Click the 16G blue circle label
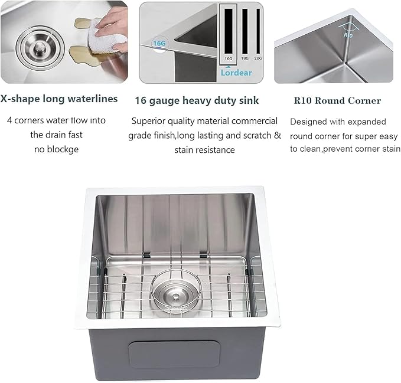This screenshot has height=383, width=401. tap(159, 43)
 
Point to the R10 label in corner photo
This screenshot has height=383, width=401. tap(348, 34)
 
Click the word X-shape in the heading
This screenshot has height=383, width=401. tap(21, 99)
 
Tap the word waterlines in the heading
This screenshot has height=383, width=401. tap(94, 99)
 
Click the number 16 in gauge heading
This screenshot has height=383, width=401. tap(141, 100)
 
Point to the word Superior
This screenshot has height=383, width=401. tap(149, 121)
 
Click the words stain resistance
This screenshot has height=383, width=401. tap(204, 150)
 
